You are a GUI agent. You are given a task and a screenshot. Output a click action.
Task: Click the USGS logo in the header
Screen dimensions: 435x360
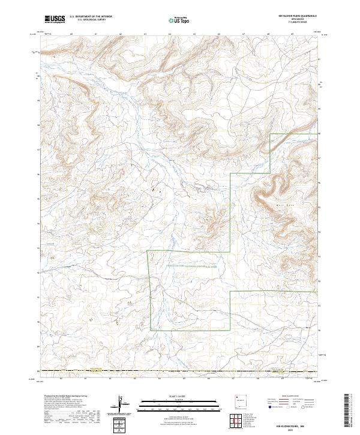click(x=55, y=19)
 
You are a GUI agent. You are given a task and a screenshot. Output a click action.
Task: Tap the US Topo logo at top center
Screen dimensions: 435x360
click(x=180, y=20)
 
